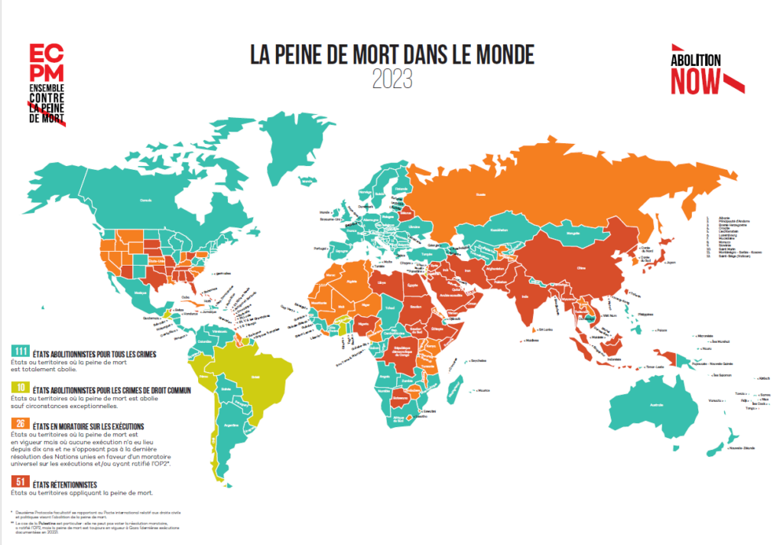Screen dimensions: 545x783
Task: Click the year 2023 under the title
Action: tap(391, 78)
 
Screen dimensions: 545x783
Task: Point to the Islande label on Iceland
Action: tap(308, 181)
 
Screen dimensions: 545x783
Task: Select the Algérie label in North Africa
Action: tap(353, 281)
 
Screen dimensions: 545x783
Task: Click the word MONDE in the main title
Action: tap(495, 55)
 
